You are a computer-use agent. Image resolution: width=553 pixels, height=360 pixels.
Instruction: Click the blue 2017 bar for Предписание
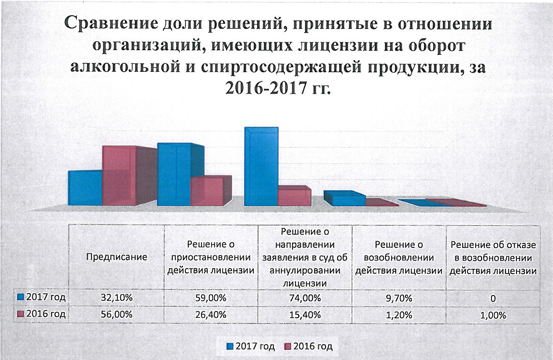coord(85,188)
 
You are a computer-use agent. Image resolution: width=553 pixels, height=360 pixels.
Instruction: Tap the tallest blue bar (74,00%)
coord(261,167)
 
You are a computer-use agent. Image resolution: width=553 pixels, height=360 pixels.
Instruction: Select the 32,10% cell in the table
coord(116,298)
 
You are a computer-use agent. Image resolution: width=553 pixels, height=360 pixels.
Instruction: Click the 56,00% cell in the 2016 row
coord(116,315)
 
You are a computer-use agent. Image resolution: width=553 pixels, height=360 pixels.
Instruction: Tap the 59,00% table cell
coord(211,298)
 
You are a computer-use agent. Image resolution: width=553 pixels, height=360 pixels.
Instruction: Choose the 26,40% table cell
coord(211,315)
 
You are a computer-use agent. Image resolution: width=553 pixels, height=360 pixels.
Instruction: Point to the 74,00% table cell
coord(305,298)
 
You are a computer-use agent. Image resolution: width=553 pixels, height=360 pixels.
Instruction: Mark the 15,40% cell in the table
coord(305,315)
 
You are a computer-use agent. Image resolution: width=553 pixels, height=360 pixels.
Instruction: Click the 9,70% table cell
coord(398,298)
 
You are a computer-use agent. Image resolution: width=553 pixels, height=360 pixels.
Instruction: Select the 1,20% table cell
coord(398,315)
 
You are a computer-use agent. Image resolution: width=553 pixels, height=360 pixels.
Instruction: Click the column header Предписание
coord(116,257)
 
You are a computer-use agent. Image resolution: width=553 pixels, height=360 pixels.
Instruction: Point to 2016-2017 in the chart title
coord(264,89)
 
